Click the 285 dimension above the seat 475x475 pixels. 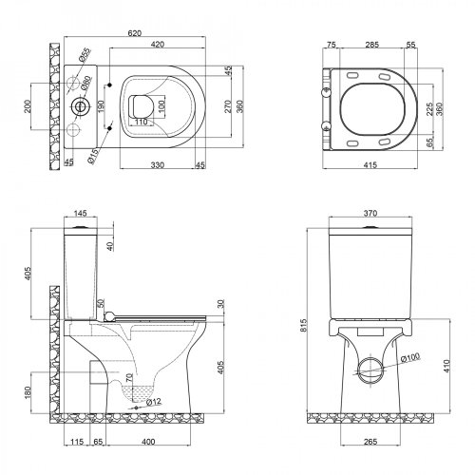pos(373,44)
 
